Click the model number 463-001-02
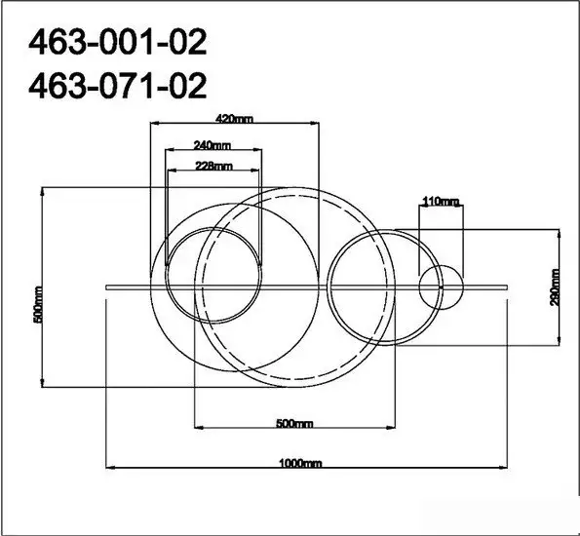(x=117, y=42)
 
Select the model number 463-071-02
(x=117, y=86)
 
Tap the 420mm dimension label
(x=234, y=119)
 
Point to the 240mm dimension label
(x=212, y=145)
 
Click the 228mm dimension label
(x=213, y=166)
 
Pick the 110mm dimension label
(x=441, y=202)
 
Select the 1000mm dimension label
(x=300, y=463)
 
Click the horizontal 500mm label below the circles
(x=294, y=423)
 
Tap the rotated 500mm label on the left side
(x=38, y=304)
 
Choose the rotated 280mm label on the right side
(x=555, y=287)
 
